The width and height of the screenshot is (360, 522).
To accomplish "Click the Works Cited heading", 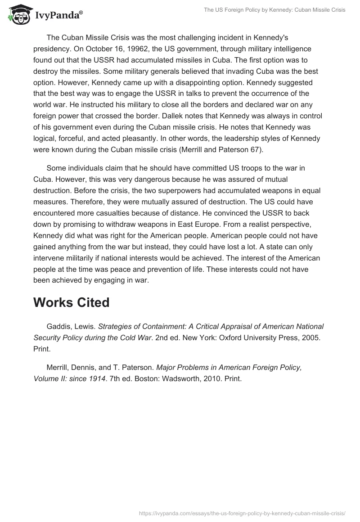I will (72, 302).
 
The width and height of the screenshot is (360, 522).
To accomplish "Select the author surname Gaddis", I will (58, 326).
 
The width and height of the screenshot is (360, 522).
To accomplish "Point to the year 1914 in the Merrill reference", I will (97, 379).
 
